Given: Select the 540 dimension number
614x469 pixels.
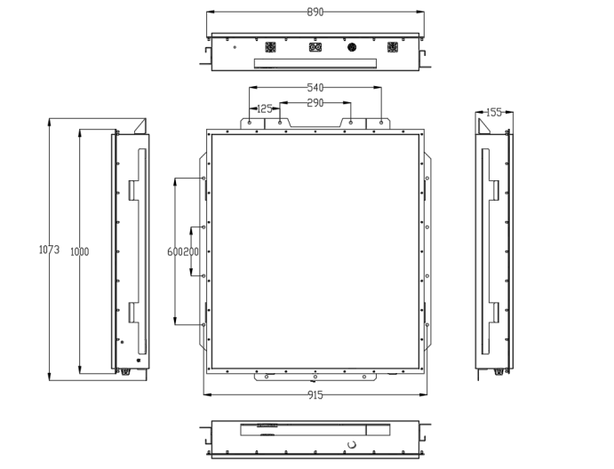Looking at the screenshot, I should click(315, 88).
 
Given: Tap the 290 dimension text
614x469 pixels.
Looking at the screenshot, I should click(315, 103).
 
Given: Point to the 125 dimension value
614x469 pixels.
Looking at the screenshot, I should click(265, 108).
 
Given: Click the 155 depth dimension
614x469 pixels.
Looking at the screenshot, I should click(494, 113).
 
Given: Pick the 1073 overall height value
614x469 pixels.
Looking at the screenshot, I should click(49, 250).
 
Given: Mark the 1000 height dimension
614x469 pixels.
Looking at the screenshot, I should click(80, 252).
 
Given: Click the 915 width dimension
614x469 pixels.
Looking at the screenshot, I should click(315, 395).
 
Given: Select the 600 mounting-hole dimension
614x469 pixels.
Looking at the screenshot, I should click(175, 252).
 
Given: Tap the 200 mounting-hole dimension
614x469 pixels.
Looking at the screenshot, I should click(191, 252).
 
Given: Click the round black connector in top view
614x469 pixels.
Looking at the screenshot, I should click(352, 47).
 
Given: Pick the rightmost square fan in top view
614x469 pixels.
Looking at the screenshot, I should click(392, 47).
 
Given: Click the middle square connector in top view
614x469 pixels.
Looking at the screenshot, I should click(314, 47).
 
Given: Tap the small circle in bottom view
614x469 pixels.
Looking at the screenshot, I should click(351, 443).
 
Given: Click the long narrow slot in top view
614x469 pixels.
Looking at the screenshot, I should click(315, 61).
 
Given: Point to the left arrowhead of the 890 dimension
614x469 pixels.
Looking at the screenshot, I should click(209, 12).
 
